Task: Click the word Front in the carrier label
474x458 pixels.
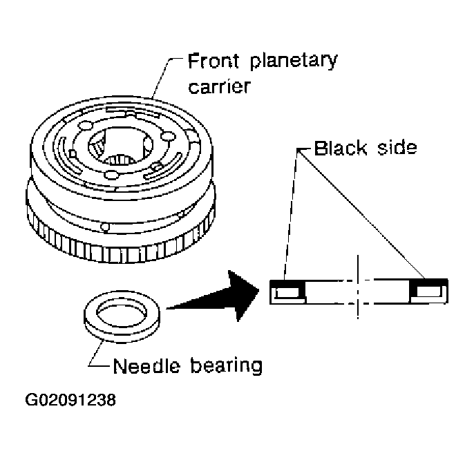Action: click(x=214, y=62)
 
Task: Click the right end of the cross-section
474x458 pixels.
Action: click(x=428, y=291)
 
